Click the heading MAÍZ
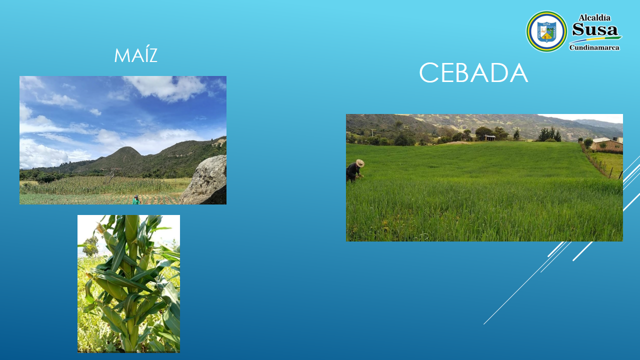(x=135, y=55)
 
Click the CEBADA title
(x=473, y=73)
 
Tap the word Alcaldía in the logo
(x=594, y=18)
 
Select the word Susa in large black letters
(x=595, y=29)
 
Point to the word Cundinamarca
(x=594, y=47)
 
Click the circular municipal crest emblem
(x=546, y=31)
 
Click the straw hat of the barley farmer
(x=360, y=163)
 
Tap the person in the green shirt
(x=136, y=200)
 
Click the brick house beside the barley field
(x=606, y=144)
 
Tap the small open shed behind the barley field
(x=489, y=137)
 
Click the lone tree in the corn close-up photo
(x=91, y=245)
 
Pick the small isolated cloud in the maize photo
(x=95, y=112)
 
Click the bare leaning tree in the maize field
(x=111, y=176)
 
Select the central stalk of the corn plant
(x=132, y=283)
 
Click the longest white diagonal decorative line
(x=527, y=283)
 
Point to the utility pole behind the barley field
(x=372, y=133)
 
